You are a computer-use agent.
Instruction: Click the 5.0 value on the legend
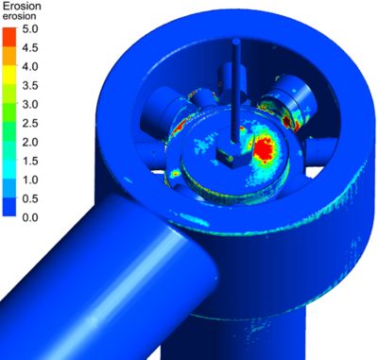32,28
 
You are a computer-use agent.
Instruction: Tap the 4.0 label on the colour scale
32,66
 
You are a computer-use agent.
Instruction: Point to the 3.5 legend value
32,85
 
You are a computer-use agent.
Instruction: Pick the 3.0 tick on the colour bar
32,104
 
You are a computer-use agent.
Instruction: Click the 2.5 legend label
32,123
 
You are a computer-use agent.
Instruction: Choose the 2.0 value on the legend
32,142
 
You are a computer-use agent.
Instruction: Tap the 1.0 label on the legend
32,180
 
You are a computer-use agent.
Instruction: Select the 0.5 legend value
32,198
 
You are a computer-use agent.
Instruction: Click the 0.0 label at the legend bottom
32,217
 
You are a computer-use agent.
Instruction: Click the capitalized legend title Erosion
22,7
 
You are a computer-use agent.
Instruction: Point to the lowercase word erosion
20,17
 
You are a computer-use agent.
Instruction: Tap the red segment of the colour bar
9,36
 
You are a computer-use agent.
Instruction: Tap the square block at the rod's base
231,153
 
